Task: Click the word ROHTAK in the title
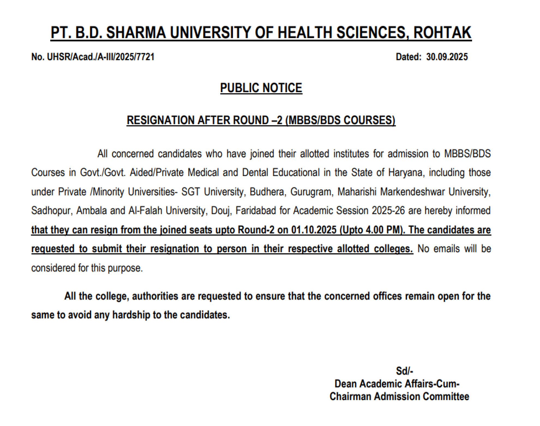point(442,33)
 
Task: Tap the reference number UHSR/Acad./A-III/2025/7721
point(101,57)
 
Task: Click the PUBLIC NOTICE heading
point(261,88)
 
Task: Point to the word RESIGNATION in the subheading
point(161,120)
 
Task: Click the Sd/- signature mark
point(404,371)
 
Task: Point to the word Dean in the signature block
point(346,384)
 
